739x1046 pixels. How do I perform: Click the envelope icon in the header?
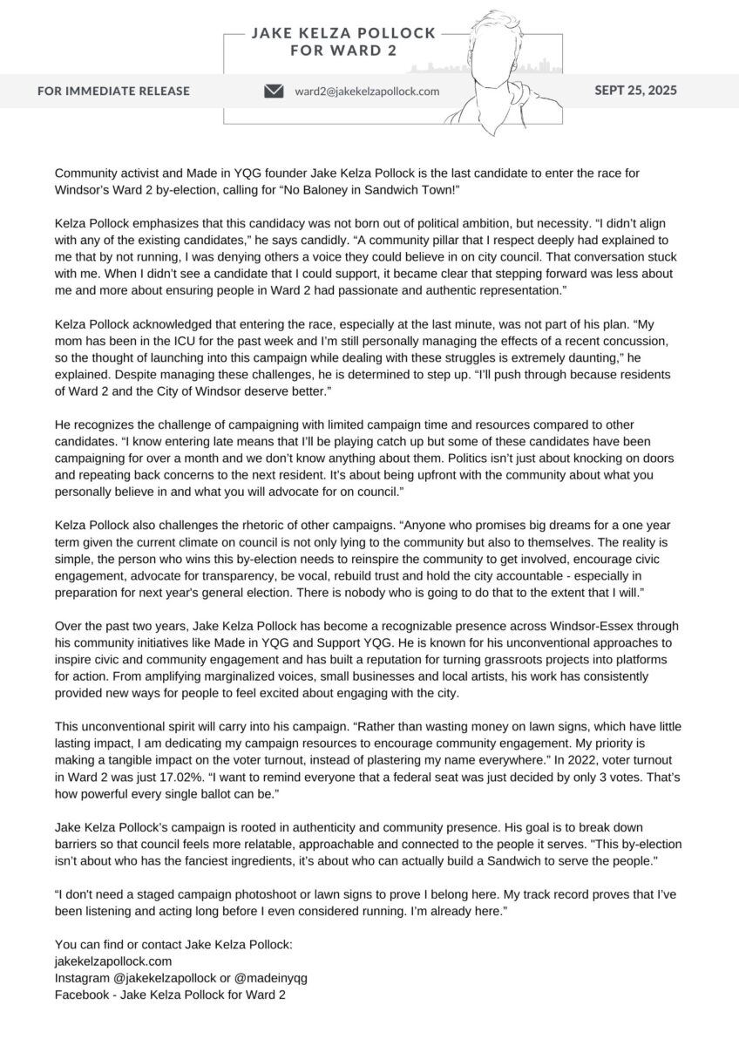(274, 91)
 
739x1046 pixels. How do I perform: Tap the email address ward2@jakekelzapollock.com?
(367, 91)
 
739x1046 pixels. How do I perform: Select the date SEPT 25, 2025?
(635, 90)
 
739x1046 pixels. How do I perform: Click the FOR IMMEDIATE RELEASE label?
(113, 91)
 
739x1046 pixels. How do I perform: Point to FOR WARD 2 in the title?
(342, 51)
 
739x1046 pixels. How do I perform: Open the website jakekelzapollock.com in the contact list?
(113, 961)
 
